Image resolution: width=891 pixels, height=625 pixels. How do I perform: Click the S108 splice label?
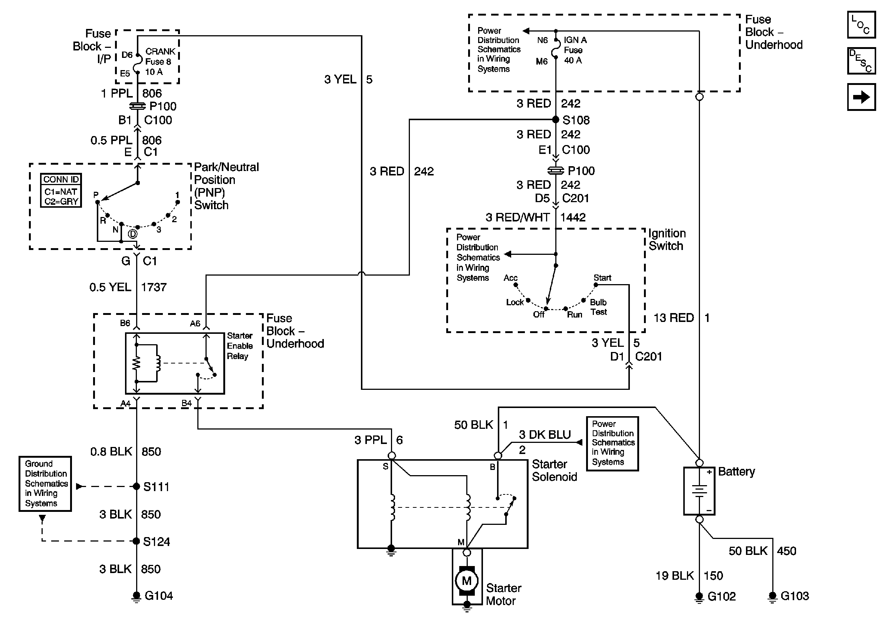coord(576,120)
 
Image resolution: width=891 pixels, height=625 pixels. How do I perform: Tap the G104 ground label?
coord(159,596)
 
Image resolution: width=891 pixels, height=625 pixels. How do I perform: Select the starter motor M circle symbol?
coord(467,581)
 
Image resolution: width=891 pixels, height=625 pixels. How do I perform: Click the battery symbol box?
coord(699,491)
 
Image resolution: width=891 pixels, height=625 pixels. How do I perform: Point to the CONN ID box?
coord(61,190)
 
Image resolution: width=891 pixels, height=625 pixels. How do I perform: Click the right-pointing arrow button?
coord(861,97)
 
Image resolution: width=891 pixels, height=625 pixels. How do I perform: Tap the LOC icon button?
coord(861,25)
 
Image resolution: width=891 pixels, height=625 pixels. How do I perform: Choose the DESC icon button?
coord(861,61)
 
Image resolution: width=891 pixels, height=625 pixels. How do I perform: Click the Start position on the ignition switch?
coord(602,278)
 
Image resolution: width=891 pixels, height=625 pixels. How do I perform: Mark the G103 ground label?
coord(795,596)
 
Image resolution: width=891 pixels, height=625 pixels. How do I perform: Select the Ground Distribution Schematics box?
coord(45,483)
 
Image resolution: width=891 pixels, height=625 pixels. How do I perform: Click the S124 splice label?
coord(157,542)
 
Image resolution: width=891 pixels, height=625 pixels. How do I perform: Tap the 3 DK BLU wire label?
coord(545,434)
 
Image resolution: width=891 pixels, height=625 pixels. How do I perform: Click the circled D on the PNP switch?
coord(133,234)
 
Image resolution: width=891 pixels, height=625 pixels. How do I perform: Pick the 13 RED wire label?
coord(674,318)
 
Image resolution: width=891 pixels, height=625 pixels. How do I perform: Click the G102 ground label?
coord(721,596)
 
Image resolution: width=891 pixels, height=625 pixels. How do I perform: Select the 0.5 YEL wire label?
coord(110,287)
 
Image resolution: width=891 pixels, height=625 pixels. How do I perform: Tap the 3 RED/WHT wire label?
coord(517,217)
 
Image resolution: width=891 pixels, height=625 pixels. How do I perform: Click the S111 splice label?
coord(157,487)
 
